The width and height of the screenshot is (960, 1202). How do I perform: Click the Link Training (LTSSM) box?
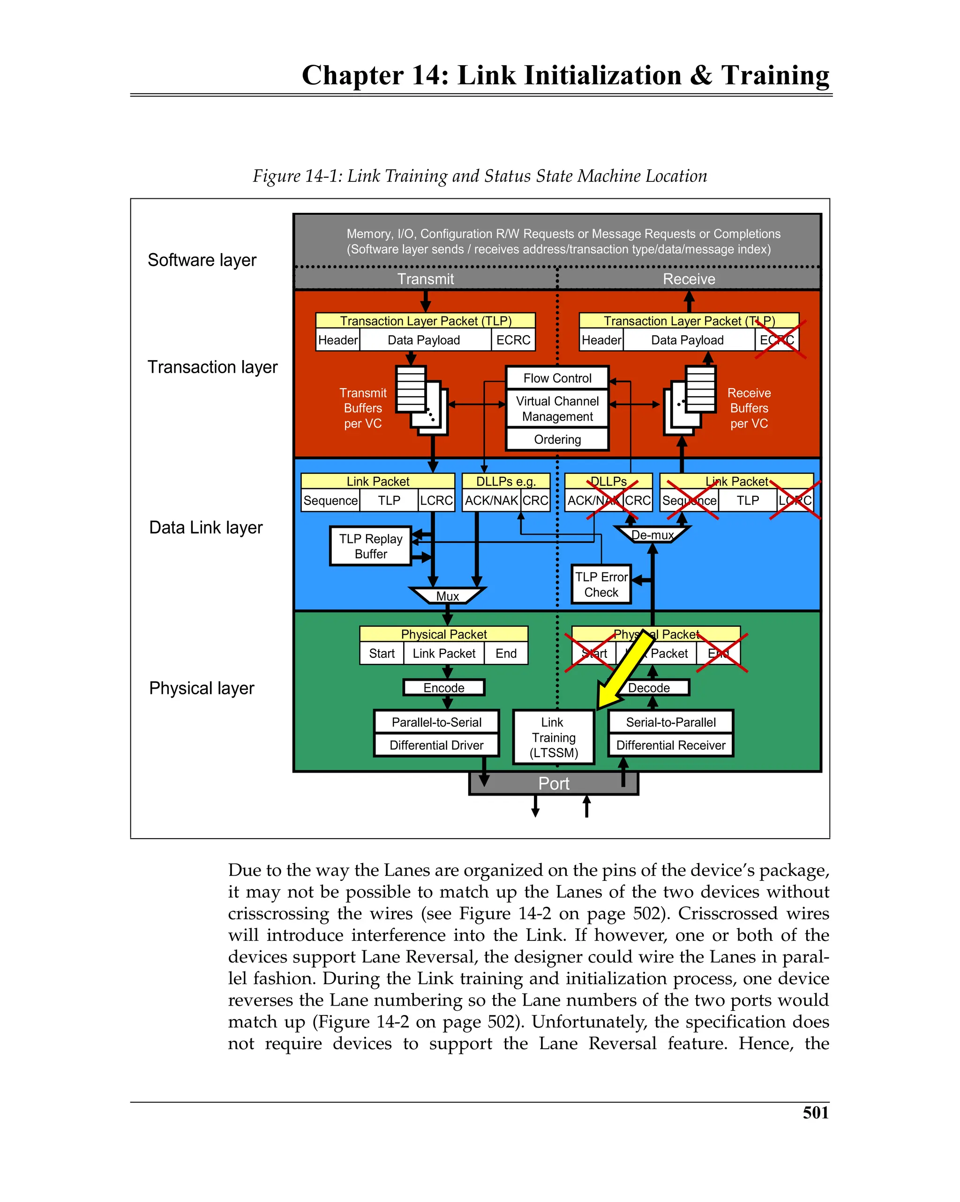pyautogui.click(x=553, y=736)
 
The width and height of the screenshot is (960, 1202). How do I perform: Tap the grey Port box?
pyautogui.click(x=553, y=783)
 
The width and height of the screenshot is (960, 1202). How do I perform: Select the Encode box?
pyautogui.click(x=444, y=687)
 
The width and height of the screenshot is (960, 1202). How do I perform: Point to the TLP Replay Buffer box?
pyautogui.click(x=370, y=546)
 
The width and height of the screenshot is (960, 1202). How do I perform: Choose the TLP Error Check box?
pyautogui.click(x=601, y=584)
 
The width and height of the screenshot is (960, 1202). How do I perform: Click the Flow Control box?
pyautogui.click(x=557, y=378)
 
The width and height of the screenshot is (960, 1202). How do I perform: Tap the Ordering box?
pyautogui.click(x=557, y=439)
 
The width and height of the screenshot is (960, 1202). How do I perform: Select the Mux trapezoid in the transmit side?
pyautogui.click(x=447, y=595)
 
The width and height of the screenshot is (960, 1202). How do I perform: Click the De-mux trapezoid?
pyautogui.click(x=652, y=534)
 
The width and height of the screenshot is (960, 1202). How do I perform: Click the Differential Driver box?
pyautogui.click(x=436, y=745)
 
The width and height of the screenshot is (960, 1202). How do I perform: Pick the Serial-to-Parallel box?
pyautogui.click(x=670, y=722)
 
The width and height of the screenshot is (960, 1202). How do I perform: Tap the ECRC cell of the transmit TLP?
pyautogui.click(x=513, y=339)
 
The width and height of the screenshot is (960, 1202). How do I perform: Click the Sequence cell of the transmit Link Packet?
pyautogui.click(x=330, y=500)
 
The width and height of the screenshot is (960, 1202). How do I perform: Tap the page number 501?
pyautogui.click(x=815, y=1112)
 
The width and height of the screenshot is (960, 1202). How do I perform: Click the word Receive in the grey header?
pyautogui.click(x=689, y=279)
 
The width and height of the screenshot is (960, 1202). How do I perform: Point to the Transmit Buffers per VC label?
pyautogui.click(x=362, y=408)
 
